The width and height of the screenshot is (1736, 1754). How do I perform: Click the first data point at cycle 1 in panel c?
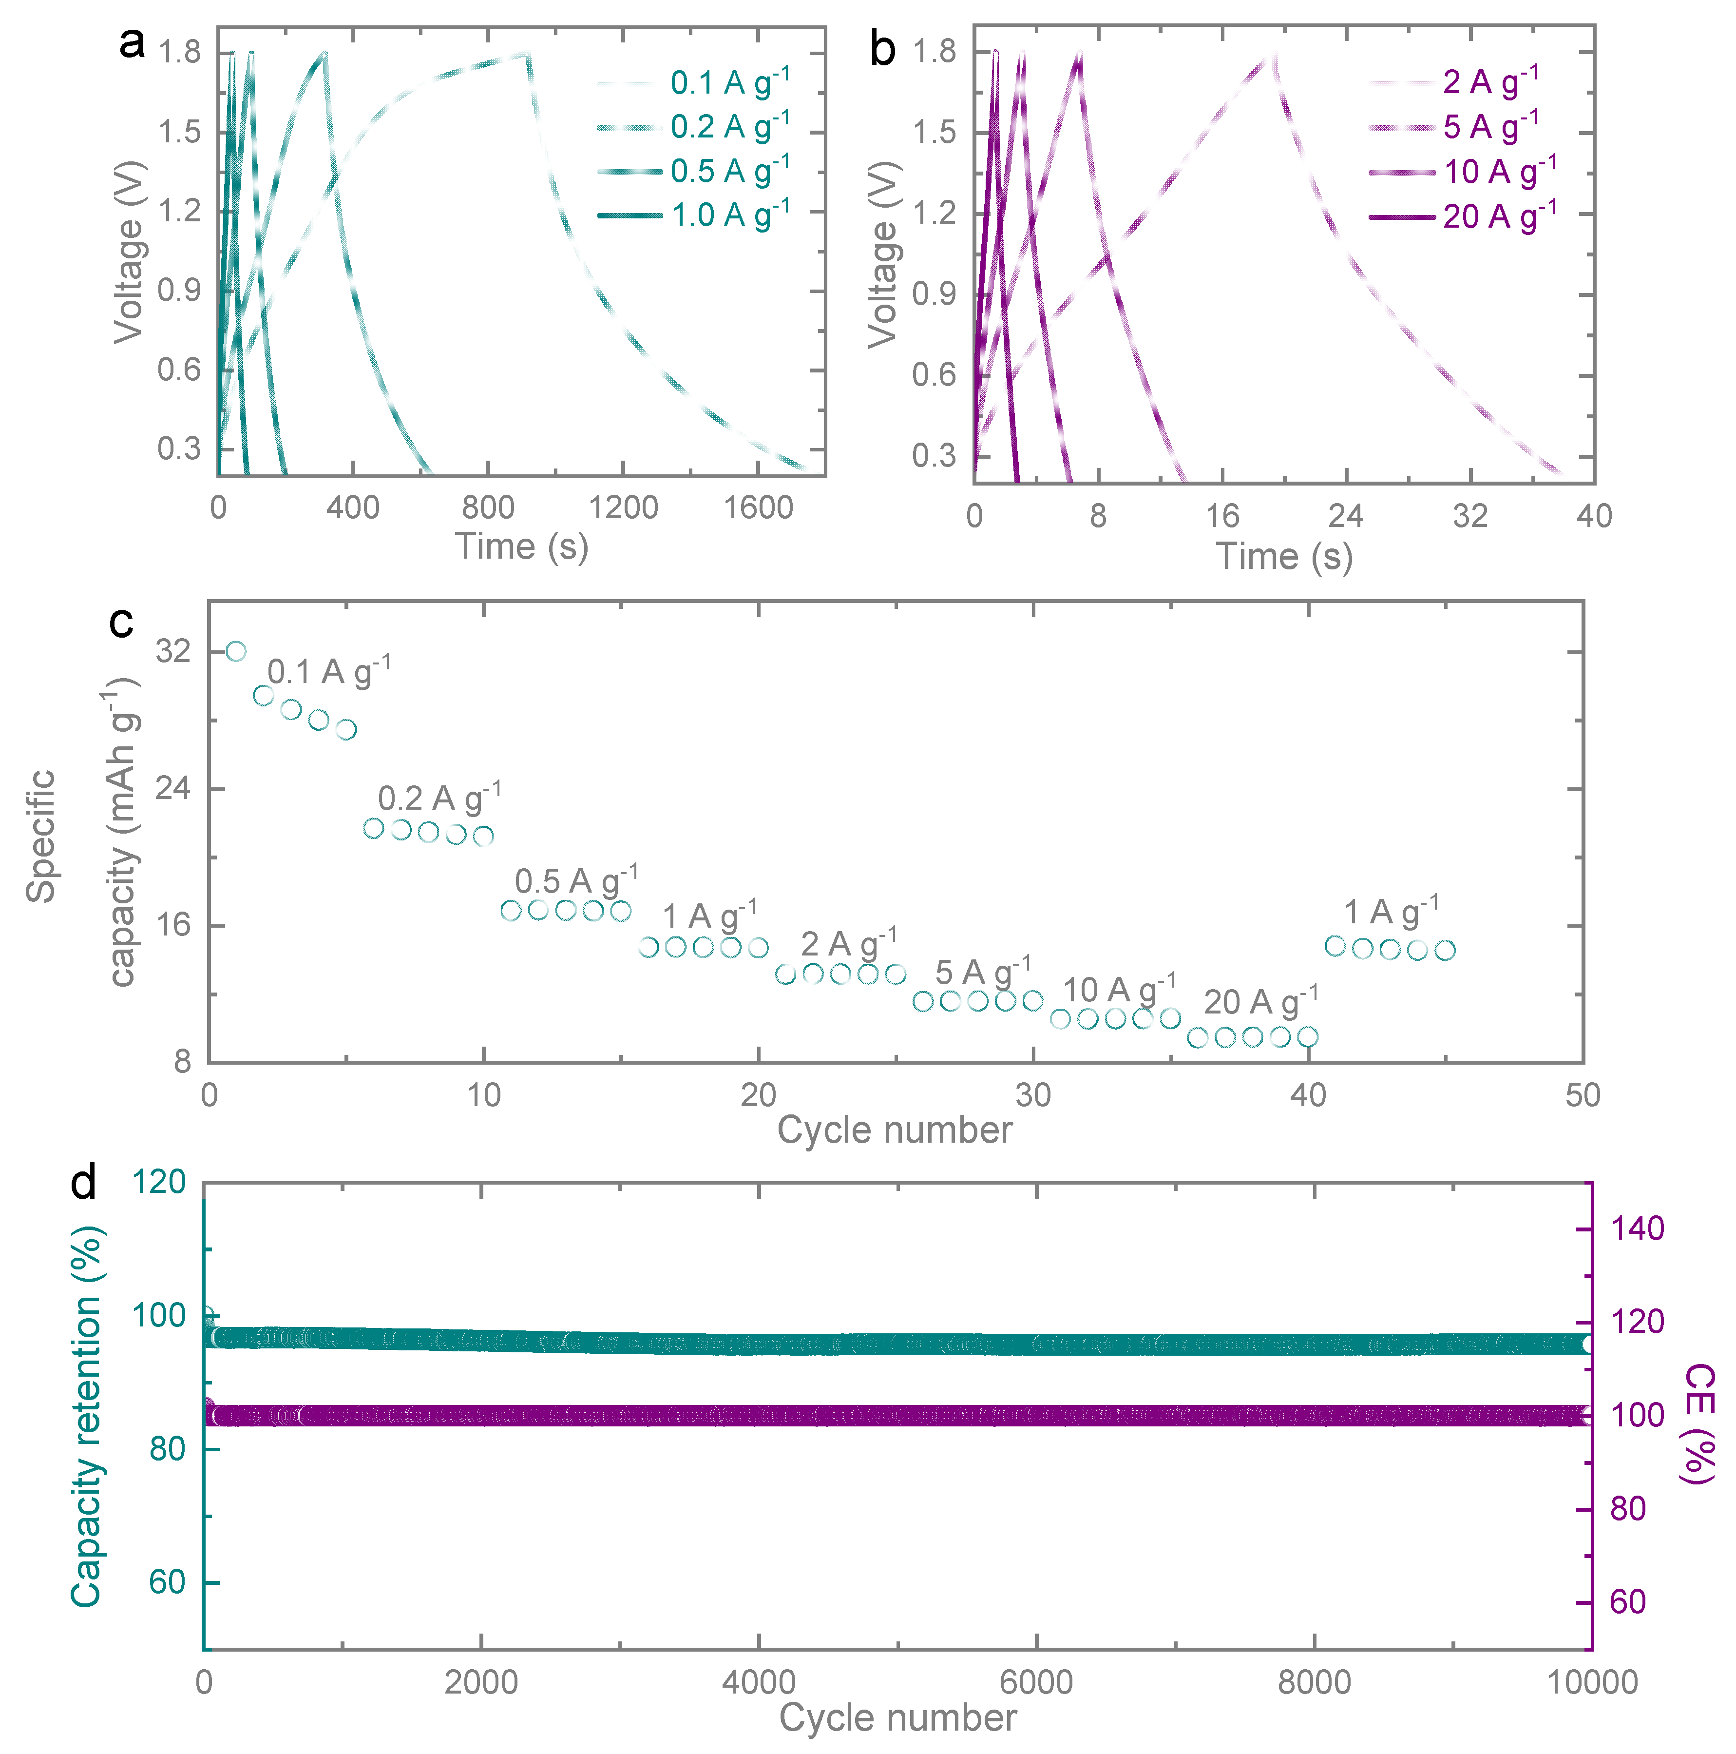[x=236, y=651]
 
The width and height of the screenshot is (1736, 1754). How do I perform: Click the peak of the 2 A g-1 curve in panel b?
[x=1274, y=52]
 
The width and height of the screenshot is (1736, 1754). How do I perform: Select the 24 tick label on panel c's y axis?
[x=172, y=788]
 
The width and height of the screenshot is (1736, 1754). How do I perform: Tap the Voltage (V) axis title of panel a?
[x=129, y=253]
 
